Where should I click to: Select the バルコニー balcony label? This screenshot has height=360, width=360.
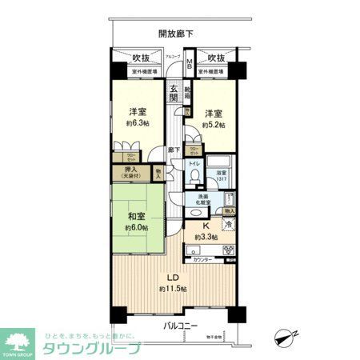click(x=181, y=326)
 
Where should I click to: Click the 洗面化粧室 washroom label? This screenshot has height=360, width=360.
click(x=198, y=200)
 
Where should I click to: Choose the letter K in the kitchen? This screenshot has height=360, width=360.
click(x=207, y=225)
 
